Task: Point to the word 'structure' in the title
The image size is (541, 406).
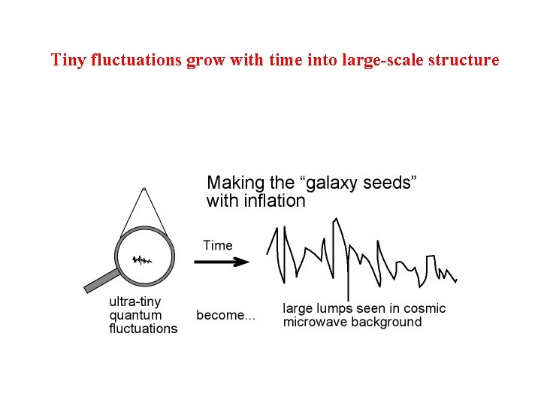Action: (464, 59)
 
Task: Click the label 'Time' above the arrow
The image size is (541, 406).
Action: (218, 245)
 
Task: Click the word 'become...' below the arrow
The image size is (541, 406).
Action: (225, 316)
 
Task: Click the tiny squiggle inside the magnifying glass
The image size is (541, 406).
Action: (142, 260)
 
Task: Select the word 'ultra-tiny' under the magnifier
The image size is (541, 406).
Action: (135, 302)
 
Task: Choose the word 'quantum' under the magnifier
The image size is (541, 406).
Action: (135, 315)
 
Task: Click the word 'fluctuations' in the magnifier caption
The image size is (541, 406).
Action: (144, 329)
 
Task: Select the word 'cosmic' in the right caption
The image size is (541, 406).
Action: (424, 309)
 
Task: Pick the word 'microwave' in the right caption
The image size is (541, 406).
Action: (313, 323)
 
